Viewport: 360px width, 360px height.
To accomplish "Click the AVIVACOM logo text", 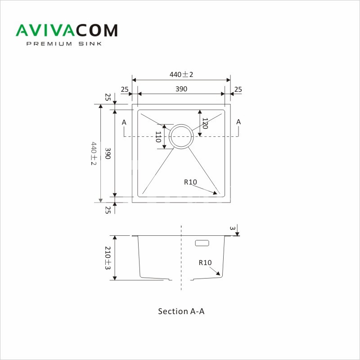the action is pyautogui.click(x=67, y=30).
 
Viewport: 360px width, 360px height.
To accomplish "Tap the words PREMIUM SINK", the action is pyautogui.click(x=64, y=44).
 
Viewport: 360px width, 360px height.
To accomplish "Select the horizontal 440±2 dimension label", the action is pyautogui.click(x=181, y=74).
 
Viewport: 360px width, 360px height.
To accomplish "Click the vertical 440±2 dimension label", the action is pyautogui.click(x=94, y=153).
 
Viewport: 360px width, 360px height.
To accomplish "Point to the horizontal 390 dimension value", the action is pyautogui.click(x=181, y=89).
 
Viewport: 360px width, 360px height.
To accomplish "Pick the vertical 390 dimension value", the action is pyautogui.click(x=108, y=153).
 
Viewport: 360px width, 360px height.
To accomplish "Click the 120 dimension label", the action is pyautogui.click(x=205, y=123).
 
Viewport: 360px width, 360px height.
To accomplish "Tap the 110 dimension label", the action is pyautogui.click(x=158, y=137).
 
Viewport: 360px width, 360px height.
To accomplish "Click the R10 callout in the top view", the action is pyautogui.click(x=190, y=182).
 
